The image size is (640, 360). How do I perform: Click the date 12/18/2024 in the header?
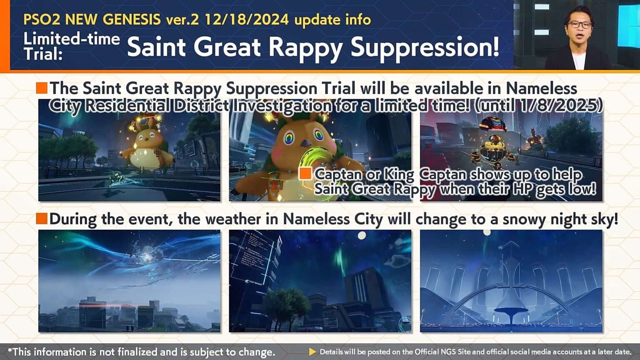(x=246, y=20)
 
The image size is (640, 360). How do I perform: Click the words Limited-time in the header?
(x=72, y=39)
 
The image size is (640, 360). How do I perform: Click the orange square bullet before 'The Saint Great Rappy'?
(x=42, y=88)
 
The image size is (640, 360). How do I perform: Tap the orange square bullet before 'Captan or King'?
(x=305, y=173)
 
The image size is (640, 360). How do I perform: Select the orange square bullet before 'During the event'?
(x=42, y=218)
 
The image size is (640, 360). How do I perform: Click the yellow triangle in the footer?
(x=312, y=352)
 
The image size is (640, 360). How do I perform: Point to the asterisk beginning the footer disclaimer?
(x=10, y=351)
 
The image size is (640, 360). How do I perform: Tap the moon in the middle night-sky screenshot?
(x=362, y=235)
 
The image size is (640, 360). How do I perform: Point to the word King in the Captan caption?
(x=399, y=174)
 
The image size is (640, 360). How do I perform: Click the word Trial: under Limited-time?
(x=42, y=54)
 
